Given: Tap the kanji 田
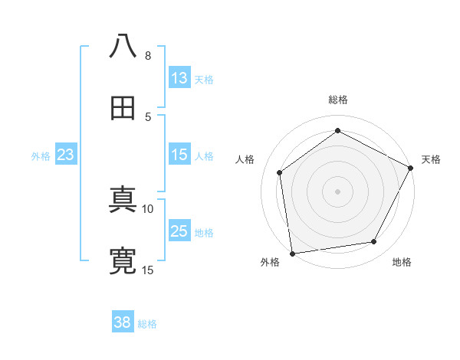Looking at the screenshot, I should point(123,109).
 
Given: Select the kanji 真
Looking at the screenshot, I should point(123,201).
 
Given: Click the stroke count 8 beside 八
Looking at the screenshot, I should point(148,56).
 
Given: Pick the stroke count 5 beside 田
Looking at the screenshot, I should point(148,116).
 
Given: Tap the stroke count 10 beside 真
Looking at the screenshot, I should point(148,208).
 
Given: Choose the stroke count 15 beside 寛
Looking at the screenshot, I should point(148,270).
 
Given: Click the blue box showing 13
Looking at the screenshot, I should point(179,78).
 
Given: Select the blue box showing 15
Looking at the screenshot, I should point(179,155).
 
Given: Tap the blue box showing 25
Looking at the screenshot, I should point(179,231).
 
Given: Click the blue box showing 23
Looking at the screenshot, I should point(66,155).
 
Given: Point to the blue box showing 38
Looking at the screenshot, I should point(123,322).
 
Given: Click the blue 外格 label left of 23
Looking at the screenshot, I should point(41,156).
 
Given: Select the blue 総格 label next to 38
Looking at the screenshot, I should point(147,324).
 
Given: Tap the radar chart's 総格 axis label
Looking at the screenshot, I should point(338,100).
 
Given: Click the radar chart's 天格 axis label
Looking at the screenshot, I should point(431,159).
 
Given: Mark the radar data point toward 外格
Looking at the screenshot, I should point(292,253).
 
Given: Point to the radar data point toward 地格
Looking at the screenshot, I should point(374,242).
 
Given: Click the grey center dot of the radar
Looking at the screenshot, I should point(338,190).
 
